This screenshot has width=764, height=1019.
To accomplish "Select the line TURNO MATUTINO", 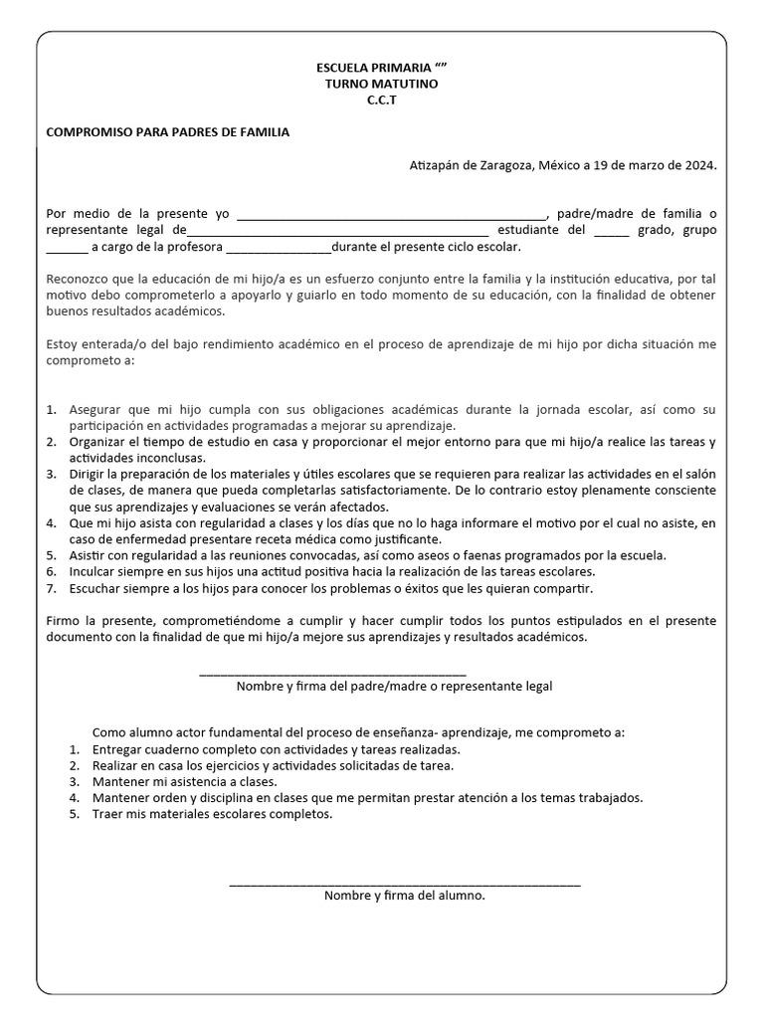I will (381, 84).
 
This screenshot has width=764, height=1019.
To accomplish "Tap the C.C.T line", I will (381, 100).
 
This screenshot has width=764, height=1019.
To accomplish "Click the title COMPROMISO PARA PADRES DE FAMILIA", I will (168, 132).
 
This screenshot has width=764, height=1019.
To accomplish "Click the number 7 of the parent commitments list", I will (51, 588).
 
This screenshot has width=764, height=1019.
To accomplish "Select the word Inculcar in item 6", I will (95, 572).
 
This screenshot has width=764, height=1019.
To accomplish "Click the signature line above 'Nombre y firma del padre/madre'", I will (332, 674).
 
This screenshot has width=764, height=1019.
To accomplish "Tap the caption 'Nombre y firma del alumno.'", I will (404, 896).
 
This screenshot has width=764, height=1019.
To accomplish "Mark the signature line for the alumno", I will (404, 883).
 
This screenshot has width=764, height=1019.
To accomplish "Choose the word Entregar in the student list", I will (118, 749).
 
